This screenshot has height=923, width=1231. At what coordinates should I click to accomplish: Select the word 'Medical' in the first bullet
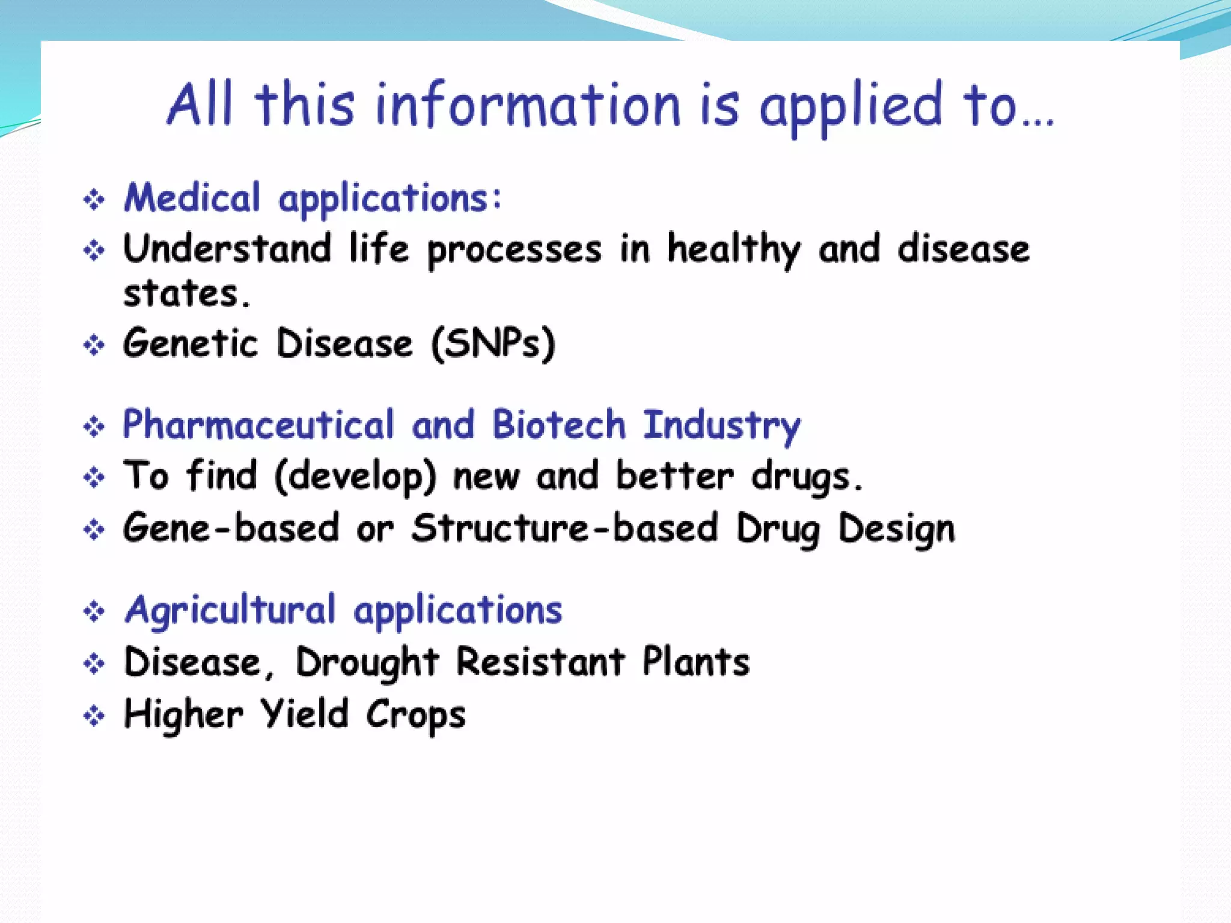(x=192, y=198)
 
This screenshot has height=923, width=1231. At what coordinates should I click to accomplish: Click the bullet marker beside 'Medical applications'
(x=94, y=200)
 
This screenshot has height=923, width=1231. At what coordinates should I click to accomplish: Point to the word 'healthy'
(x=734, y=250)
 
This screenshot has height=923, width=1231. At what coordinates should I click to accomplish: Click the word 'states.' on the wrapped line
(x=187, y=294)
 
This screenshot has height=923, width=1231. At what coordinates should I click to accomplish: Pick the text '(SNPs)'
(x=493, y=344)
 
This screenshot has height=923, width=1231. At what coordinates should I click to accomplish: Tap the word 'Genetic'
(x=191, y=344)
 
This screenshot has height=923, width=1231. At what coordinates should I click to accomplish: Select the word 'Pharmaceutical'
(x=258, y=425)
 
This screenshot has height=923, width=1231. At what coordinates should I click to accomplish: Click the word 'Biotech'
(x=559, y=425)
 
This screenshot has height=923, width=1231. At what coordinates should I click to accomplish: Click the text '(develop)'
(x=355, y=477)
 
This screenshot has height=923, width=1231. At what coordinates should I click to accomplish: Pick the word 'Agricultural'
(x=230, y=611)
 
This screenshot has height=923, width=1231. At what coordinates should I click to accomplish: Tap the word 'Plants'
(x=696, y=662)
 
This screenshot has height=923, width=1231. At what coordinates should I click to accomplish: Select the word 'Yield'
(x=305, y=714)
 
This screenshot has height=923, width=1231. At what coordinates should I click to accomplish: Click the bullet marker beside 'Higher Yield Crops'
(x=94, y=716)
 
